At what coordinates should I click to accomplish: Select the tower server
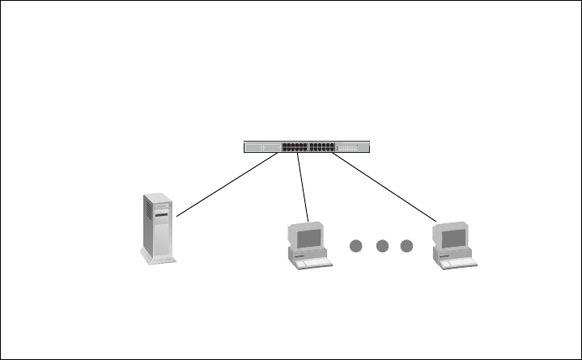[158, 227]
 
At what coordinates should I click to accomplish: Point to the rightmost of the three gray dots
[407, 245]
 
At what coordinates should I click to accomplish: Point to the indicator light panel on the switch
[353, 148]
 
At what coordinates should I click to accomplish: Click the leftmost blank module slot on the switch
[255, 148]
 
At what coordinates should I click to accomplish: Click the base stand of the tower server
[159, 259]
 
